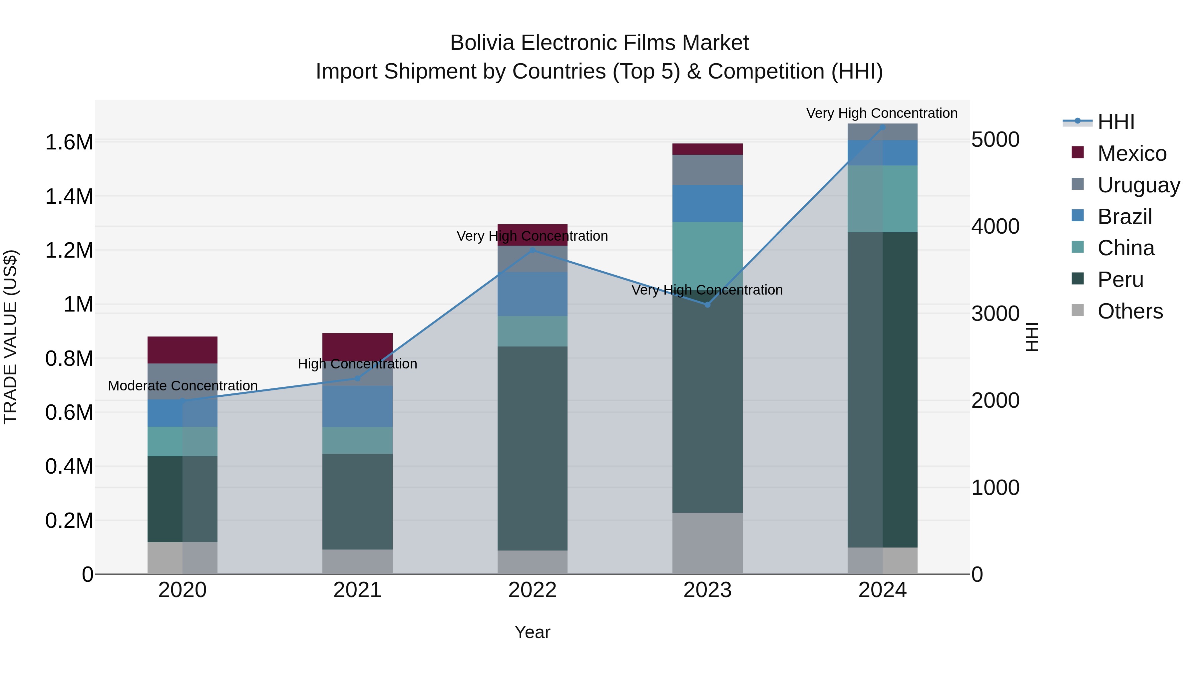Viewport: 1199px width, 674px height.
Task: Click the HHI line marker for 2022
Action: [x=533, y=251]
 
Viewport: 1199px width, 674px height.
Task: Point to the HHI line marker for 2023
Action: [x=707, y=305]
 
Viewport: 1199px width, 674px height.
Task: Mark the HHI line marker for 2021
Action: [x=357, y=379]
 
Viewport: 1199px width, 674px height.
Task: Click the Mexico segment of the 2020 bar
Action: [x=183, y=350]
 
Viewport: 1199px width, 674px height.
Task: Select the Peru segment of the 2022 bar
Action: [x=533, y=448]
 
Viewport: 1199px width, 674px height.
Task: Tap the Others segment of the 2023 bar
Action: [x=707, y=543]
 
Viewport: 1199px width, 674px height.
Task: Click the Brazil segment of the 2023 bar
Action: [x=707, y=203]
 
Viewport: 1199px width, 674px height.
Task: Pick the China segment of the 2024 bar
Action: [x=883, y=199]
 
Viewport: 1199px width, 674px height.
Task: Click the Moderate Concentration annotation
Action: [x=183, y=386]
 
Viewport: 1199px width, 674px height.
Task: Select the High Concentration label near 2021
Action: [x=357, y=364]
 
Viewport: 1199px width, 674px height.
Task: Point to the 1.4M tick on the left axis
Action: [x=69, y=197]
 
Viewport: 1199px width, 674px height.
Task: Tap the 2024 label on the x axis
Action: [x=883, y=590]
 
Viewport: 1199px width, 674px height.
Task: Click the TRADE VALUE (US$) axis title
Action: [x=10, y=337]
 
